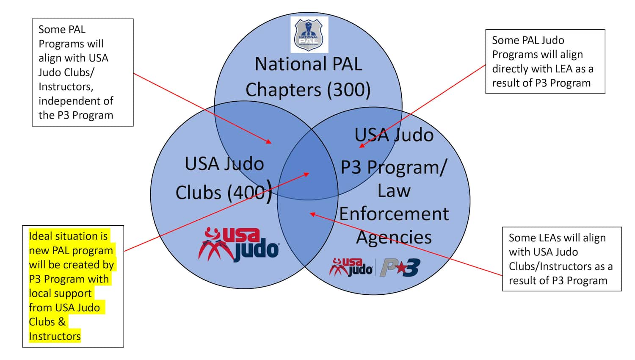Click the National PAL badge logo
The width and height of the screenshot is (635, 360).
coord(309,34)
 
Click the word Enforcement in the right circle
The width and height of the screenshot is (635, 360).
coord(394,214)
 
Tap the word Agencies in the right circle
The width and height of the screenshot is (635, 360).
coord(394,237)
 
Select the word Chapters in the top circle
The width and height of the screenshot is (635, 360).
coord(283,90)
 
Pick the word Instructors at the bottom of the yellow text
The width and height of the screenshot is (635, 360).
coord(55,336)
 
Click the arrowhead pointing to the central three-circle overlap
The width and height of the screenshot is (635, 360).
coord(307,174)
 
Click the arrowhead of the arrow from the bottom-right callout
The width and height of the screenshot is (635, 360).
coord(312,214)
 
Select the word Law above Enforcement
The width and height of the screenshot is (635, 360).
coord(394,191)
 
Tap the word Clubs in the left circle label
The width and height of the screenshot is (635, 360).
coord(198,193)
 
